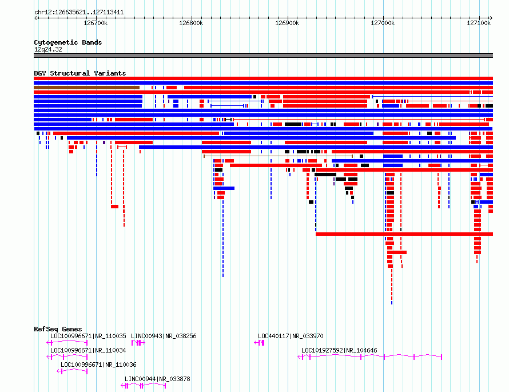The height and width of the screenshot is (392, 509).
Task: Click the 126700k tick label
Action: tap(96, 23)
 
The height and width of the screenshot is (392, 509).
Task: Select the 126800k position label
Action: tap(191, 23)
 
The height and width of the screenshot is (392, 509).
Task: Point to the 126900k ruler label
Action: tap(287, 23)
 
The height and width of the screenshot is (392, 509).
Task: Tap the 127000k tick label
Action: tap(383, 23)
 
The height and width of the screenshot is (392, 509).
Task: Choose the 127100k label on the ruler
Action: tap(479, 23)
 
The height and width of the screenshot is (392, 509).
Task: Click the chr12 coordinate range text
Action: tap(79, 13)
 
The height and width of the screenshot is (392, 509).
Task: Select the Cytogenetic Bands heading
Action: tap(68, 42)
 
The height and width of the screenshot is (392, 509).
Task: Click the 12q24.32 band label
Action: tap(48, 49)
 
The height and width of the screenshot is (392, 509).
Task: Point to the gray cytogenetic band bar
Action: tap(263, 56)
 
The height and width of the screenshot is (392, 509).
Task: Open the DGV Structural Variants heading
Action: tap(80, 73)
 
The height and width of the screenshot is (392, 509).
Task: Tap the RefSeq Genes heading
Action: tap(58, 329)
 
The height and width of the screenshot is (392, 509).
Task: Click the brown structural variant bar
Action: tap(87, 88)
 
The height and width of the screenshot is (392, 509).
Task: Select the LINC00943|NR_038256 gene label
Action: tap(164, 336)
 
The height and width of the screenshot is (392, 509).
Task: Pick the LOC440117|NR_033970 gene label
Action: tap(291, 336)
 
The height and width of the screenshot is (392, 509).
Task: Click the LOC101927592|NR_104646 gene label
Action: tap(339, 350)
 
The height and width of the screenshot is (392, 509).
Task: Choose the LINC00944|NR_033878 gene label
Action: tap(157, 379)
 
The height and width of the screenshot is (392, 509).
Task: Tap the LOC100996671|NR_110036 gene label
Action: tap(98, 365)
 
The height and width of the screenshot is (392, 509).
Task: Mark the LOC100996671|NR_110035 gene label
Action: tap(88, 336)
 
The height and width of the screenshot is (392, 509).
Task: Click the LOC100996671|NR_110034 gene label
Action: tap(88, 350)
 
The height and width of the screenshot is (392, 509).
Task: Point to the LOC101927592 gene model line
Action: tap(369, 357)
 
